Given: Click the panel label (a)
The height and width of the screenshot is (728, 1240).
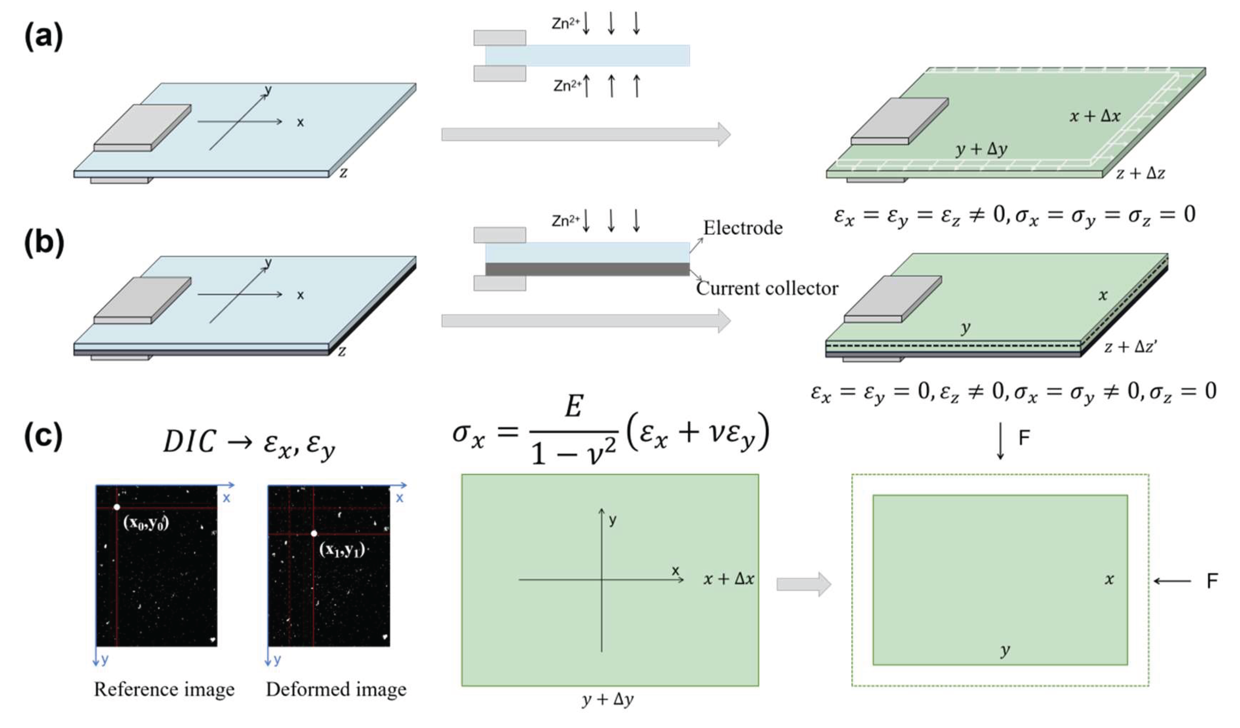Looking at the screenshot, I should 43,37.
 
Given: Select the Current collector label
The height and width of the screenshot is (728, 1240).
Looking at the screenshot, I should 767,288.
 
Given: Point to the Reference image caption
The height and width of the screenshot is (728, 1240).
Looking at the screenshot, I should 164,690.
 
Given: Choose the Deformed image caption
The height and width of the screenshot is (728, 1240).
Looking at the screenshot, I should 336,690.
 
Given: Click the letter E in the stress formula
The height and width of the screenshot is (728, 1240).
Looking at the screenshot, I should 574,408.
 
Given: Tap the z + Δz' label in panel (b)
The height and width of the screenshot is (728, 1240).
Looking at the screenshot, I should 1130,347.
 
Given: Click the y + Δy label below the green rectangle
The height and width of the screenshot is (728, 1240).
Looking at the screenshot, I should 608,700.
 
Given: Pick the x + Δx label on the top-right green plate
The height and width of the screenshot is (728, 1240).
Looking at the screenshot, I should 1095,116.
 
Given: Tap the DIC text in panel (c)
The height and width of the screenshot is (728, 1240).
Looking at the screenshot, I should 190,441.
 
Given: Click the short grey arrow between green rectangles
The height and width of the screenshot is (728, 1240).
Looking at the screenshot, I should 803,584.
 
